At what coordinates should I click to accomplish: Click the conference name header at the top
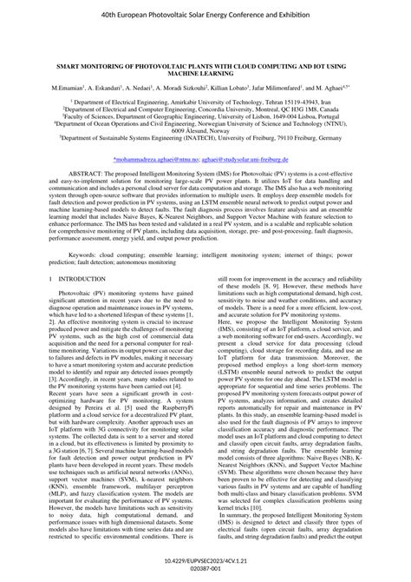point(205,16)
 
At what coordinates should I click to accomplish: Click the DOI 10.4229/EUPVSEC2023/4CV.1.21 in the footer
point(205,561)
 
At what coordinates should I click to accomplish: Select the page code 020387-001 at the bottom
point(205,570)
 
